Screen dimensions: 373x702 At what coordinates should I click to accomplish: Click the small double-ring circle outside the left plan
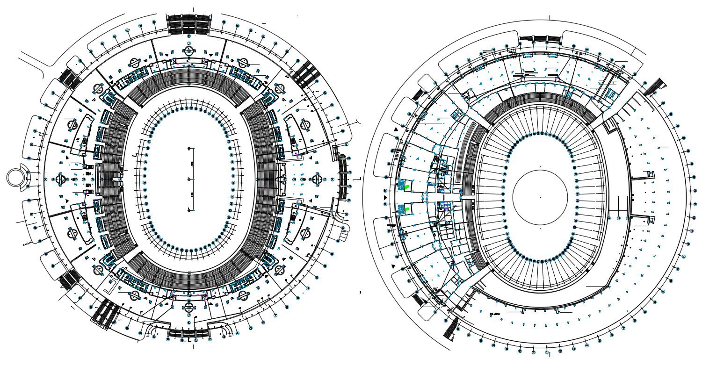16,178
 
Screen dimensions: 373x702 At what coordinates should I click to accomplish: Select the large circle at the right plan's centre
540,197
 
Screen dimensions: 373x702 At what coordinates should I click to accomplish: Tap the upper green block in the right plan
406,186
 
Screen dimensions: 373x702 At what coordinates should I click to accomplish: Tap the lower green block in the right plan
407,209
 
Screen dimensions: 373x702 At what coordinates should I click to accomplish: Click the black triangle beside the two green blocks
386,198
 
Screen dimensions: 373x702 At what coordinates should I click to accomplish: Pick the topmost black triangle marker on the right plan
396,129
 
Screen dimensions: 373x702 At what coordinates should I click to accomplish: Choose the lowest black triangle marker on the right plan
393,266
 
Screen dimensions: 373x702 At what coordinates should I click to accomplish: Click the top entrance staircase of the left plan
189,23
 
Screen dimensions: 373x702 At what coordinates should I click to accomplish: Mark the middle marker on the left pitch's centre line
189,179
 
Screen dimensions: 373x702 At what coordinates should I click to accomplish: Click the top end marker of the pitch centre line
189,149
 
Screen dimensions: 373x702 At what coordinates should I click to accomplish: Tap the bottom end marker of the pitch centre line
189,210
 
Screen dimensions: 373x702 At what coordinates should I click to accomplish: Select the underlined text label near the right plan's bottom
495,313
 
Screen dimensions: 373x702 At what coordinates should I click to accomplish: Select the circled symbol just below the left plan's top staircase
189,36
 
